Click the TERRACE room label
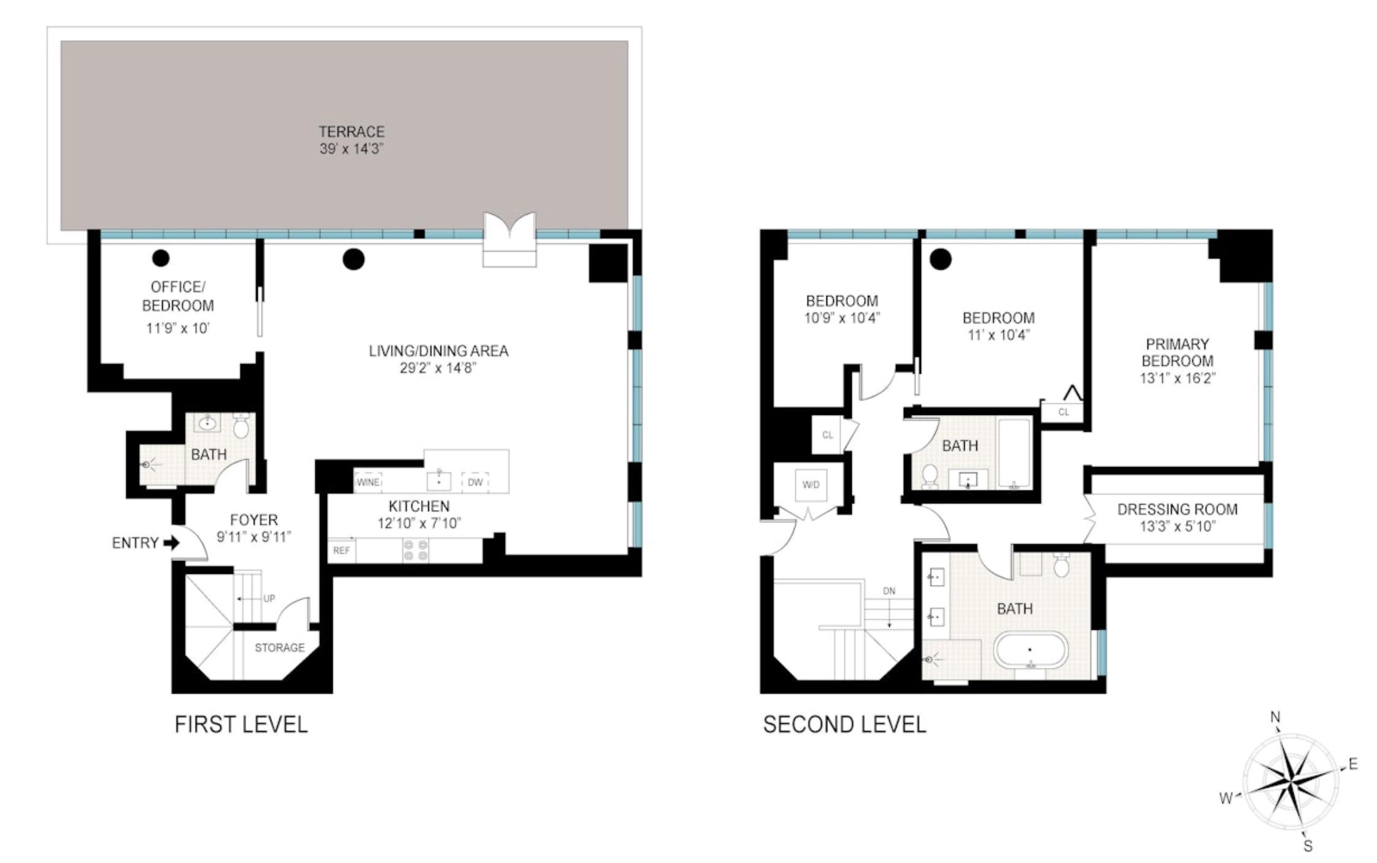coord(351,132)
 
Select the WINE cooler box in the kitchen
coord(368,482)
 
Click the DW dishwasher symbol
coord(475,482)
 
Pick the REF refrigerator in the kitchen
coord(342,551)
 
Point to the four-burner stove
coord(415,551)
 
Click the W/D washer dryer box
coord(811,484)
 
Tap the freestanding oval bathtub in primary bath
coord(1030,650)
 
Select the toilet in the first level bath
coord(241,425)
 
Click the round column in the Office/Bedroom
coord(161,258)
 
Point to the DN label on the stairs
coord(889,591)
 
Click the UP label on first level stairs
coord(269,598)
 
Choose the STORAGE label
coord(280,648)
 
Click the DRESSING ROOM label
coord(1177,509)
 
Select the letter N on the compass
coord(1275,717)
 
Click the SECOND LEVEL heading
coord(844,725)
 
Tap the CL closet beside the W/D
coord(827,435)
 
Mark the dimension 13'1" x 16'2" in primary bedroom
coord(1177,379)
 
